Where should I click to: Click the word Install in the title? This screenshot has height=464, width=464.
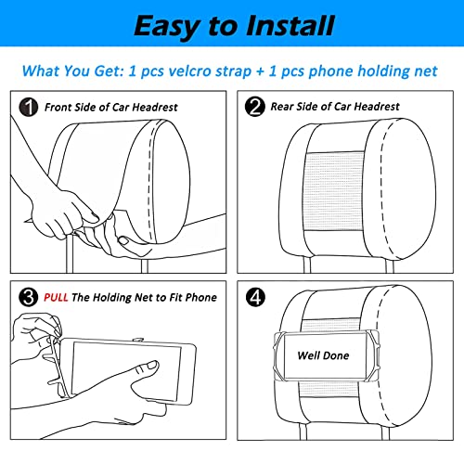click(290, 26)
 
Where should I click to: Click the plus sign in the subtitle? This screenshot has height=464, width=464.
click(260, 71)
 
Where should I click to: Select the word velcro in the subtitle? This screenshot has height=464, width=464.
click(190, 71)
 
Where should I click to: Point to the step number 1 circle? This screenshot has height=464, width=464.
click(29, 108)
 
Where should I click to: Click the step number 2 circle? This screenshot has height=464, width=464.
click(254, 107)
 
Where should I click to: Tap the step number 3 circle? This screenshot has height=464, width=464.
click(29, 297)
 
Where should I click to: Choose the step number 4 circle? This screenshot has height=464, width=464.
click(255, 297)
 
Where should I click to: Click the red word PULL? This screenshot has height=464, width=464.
click(56, 297)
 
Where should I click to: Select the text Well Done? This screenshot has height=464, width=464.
click(323, 355)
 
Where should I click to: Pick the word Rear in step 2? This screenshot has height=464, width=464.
click(282, 107)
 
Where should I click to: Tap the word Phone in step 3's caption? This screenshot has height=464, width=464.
click(201, 297)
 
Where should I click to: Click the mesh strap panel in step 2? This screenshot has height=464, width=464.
click(334, 191)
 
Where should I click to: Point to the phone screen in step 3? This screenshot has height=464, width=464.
click(126, 371)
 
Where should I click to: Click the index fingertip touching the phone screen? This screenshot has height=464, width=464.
click(152, 365)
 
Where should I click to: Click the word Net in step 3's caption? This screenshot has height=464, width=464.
click(145, 297)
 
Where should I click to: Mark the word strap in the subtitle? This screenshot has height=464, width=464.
click(234, 71)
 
